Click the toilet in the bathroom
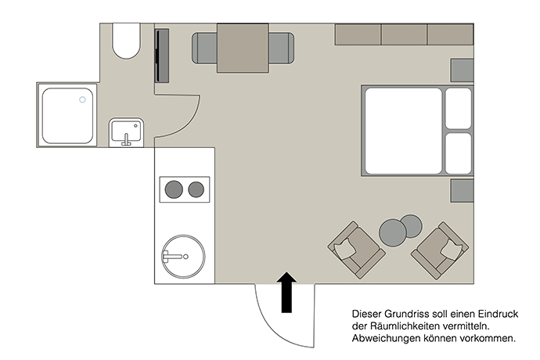[x=126, y=41]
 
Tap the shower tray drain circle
[x=82, y=99]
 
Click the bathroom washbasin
[x=126, y=132]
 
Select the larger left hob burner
[x=174, y=189]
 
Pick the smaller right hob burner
[x=196, y=189]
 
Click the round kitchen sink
[x=184, y=257]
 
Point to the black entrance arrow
[x=286, y=292]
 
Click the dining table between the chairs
[x=243, y=48]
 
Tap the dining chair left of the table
[x=204, y=49]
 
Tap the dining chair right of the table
[x=282, y=49]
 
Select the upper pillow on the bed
[x=459, y=108]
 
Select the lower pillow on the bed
[x=459, y=153]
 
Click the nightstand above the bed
[x=463, y=70]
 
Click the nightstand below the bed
[x=463, y=190]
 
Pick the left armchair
[x=356, y=250]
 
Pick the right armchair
[x=440, y=250]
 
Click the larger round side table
[x=393, y=233]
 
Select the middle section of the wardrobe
[x=405, y=34]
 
